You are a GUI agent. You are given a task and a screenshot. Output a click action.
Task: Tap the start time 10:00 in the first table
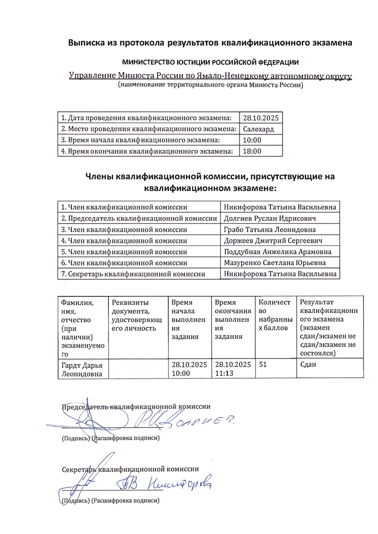coord(252,140)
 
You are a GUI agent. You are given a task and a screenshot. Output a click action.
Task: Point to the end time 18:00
coord(252,151)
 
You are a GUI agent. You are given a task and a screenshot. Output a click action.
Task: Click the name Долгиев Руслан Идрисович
coord(270,218)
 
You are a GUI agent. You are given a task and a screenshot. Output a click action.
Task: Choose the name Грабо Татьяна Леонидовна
coord(270,229)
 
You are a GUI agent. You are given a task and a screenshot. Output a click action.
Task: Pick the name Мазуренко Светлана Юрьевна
coord(275,263)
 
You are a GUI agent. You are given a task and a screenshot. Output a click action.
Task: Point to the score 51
coord(263,364)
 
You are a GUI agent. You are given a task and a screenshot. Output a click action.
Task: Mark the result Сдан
coord(308,364)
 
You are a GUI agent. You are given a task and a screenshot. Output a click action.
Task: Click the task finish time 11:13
coord(223,373)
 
